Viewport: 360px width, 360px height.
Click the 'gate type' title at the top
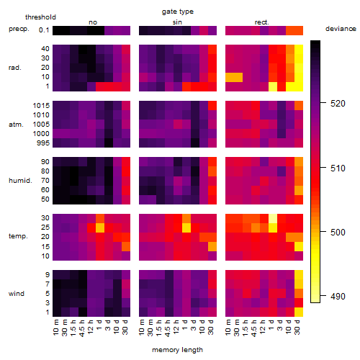(x=178, y=12)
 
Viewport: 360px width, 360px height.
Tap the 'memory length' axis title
(x=177, y=350)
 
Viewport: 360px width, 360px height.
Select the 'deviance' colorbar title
(x=341, y=29)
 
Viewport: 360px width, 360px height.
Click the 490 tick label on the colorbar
(x=338, y=297)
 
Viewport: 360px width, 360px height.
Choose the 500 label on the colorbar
(x=338, y=233)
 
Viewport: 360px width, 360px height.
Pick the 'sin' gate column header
(x=177, y=22)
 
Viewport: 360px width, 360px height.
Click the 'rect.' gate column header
(x=262, y=22)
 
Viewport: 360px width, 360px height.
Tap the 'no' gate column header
(x=93, y=22)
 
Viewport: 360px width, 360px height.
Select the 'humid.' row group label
(x=20, y=181)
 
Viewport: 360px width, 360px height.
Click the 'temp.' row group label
(x=18, y=236)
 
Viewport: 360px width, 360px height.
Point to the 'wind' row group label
(x=17, y=294)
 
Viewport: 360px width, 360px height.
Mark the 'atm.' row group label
(x=16, y=125)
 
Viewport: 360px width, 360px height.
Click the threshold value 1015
(x=41, y=106)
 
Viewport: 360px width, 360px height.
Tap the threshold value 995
(x=43, y=143)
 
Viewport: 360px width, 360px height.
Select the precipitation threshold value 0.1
(x=44, y=30)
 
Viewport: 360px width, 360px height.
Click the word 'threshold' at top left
(x=40, y=17)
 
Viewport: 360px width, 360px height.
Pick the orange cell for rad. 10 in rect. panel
(x=234, y=77)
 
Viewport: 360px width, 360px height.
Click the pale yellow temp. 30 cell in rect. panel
(x=273, y=218)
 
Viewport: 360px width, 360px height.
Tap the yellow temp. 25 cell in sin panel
(x=186, y=228)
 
